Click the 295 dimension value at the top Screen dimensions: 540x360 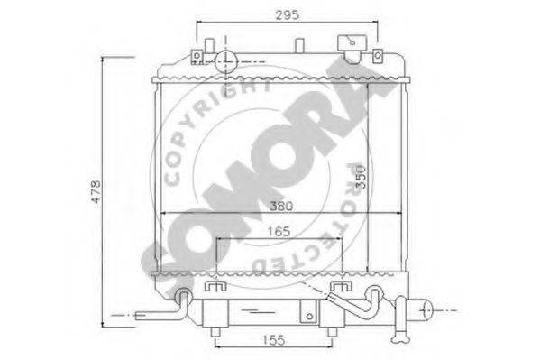288,14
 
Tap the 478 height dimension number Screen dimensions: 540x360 96,191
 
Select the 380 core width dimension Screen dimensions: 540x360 281,207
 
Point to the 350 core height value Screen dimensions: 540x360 360,177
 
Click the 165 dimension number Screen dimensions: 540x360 279,231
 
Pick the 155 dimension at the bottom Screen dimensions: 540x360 274,340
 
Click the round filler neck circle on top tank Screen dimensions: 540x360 226,61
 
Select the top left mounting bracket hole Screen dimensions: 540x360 197,55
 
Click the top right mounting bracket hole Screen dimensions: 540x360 378,55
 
